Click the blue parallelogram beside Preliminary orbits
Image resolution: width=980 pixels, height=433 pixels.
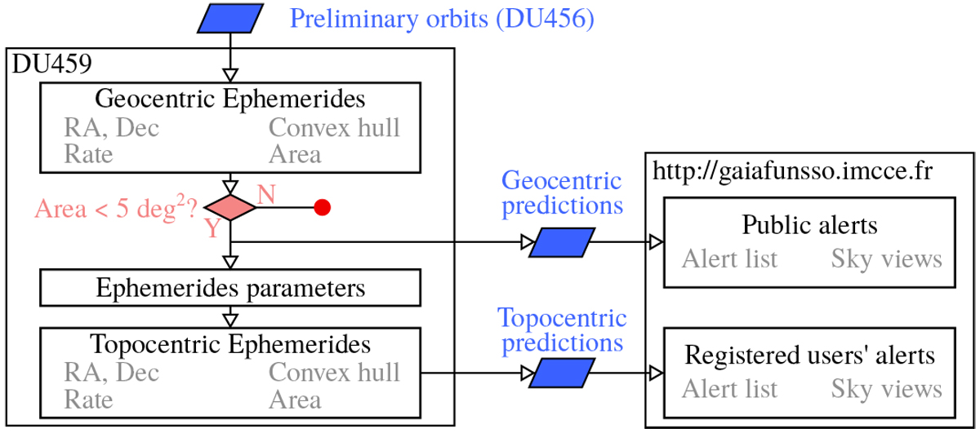click(231, 19)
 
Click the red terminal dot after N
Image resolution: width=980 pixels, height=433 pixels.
click(322, 208)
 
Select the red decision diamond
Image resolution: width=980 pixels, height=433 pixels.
click(230, 208)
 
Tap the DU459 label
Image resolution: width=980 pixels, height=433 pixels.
click(51, 64)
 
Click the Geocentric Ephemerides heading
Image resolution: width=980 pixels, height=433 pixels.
click(230, 99)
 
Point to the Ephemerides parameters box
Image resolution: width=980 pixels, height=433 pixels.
click(230, 288)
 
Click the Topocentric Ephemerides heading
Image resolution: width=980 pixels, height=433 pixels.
click(230, 344)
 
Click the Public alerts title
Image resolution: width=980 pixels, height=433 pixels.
click(809, 225)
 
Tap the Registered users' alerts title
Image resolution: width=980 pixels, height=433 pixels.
click(809, 356)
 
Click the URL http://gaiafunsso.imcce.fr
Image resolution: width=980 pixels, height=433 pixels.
click(792, 171)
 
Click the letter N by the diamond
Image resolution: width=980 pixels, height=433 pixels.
click(266, 194)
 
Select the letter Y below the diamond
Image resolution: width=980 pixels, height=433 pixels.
click(212, 228)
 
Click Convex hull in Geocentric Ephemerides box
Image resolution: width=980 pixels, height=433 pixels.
click(335, 128)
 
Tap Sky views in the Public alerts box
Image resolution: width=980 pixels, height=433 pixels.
click(887, 259)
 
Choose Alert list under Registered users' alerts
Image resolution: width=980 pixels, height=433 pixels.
click(729, 389)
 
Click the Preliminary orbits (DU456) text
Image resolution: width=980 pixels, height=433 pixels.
click(442, 18)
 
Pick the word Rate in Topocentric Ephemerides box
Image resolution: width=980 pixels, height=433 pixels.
click(88, 400)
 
